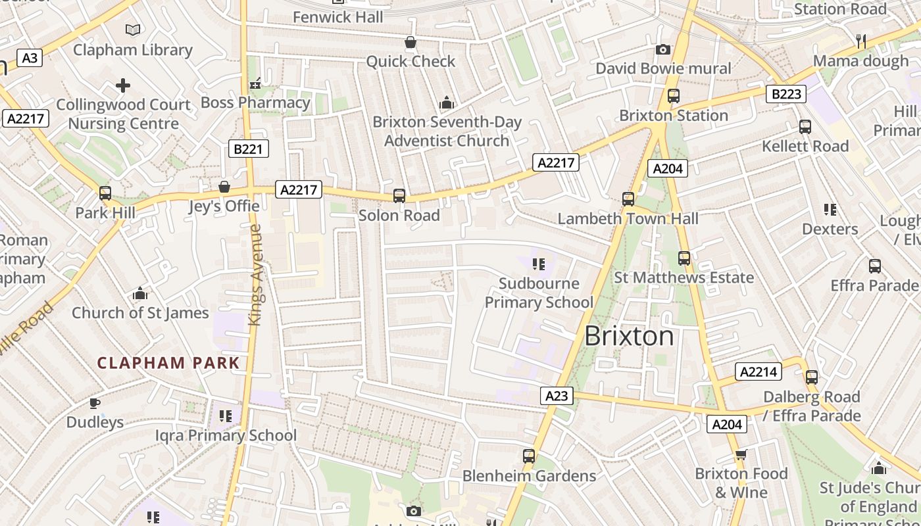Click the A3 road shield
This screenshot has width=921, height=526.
click(x=30, y=58)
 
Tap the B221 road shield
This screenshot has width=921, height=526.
click(x=248, y=149)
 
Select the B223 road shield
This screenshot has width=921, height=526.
click(x=786, y=94)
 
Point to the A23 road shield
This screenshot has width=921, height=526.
click(x=557, y=395)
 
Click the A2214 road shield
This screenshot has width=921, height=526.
click(x=759, y=371)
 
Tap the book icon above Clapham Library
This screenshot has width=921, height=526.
click(x=133, y=30)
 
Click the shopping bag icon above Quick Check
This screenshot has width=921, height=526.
click(x=411, y=43)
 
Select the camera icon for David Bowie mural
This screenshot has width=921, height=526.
click(x=663, y=49)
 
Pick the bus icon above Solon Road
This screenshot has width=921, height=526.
click(x=399, y=195)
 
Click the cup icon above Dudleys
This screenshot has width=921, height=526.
click(x=95, y=402)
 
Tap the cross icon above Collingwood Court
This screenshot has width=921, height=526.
click(x=123, y=85)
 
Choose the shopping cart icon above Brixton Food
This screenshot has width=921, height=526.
click(x=741, y=455)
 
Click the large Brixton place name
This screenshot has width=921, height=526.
click(x=629, y=336)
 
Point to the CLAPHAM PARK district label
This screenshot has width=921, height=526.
click(x=168, y=363)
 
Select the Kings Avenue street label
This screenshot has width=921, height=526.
click(x=256, y=275)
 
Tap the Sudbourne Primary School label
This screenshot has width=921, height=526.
click(x=539, y=293)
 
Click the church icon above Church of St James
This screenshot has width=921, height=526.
click(x=139, y=293)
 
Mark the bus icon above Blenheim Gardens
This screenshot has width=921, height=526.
click(x=528, y=456)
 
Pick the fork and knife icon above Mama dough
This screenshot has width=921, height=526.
click(x=860, y=41)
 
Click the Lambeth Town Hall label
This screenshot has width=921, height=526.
click(x=628, y=218)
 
